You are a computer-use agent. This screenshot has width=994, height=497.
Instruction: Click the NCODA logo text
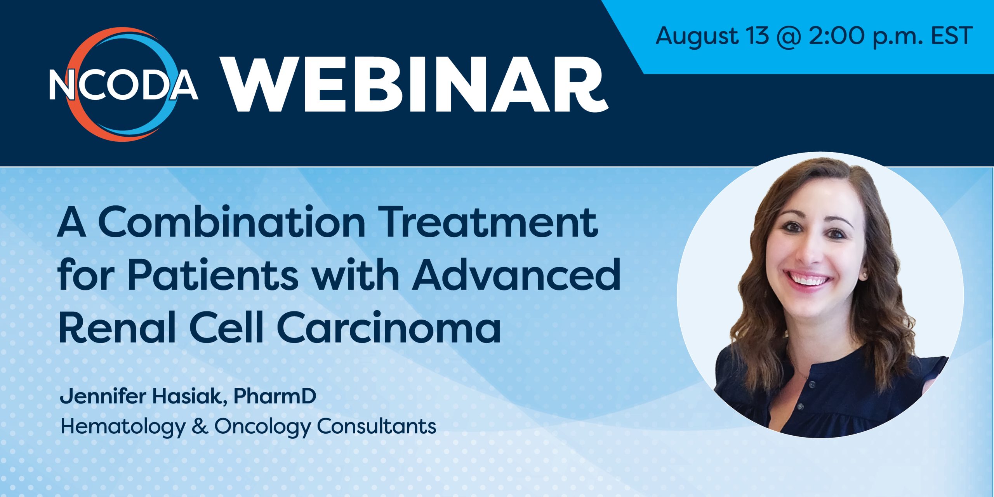[123, 84]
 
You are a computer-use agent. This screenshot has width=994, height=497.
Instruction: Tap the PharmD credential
[275, 396]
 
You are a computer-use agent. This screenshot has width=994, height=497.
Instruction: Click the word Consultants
[377, 426]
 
